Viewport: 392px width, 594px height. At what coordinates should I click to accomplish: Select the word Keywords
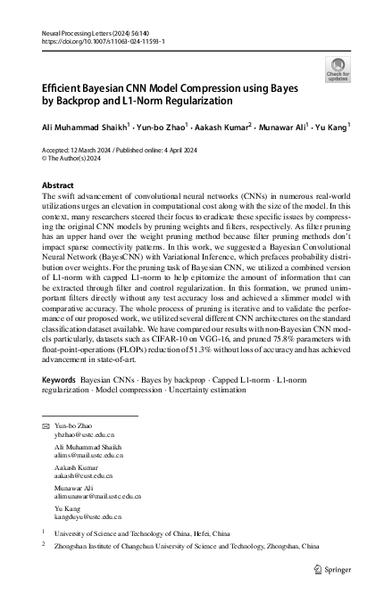pos(59,404)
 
